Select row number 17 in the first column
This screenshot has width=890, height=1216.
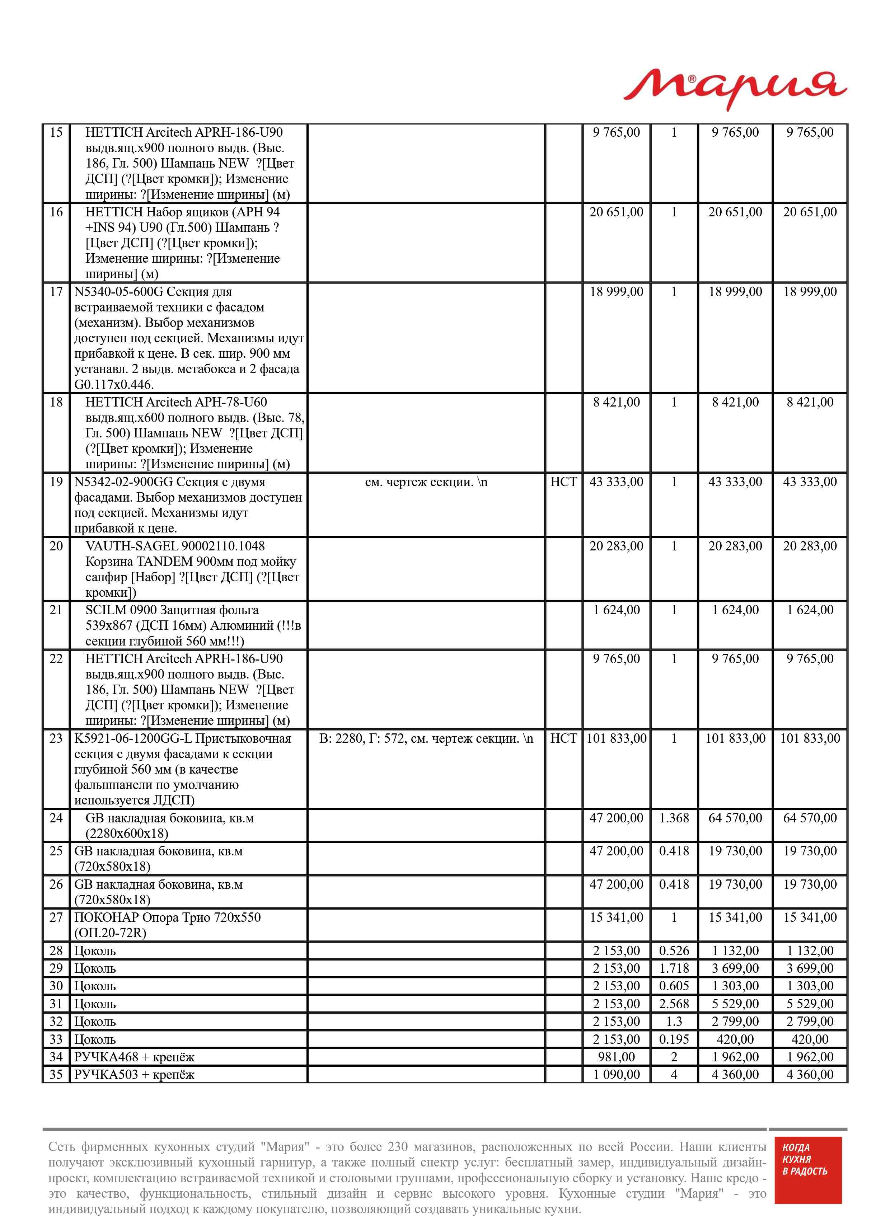click(56, 292)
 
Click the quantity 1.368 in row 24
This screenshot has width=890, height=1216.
click(674, 818)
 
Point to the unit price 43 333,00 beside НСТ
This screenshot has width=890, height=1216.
click(616, 482)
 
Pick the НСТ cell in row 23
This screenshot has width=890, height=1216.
click(563, 738)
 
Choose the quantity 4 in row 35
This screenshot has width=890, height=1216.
click(674, 1075)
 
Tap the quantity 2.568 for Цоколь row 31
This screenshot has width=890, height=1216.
click(674, 1004)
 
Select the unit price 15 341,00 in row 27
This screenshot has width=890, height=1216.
click(616, 918)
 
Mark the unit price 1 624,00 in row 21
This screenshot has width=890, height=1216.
click(616, 610)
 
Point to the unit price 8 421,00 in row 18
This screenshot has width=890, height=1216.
click(616, 402)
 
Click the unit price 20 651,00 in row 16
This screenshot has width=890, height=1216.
click(616, 212)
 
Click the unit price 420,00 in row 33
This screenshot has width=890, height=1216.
click(735, 1039)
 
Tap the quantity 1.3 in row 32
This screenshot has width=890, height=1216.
click(674, 1022)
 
